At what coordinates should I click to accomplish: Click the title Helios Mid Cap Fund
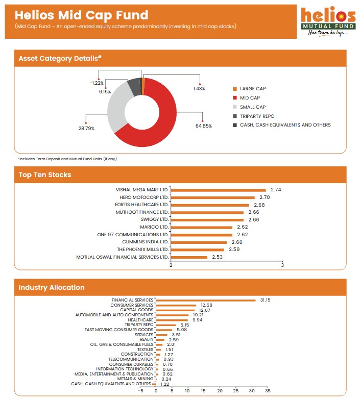pyautogui.click(x=82, y=15)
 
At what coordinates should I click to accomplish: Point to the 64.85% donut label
pyautogui.click(x=203, y=126)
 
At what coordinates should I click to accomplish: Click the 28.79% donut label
pyautogui.click(x=86, y=129)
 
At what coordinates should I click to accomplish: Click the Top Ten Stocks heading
pyautogui.click(x=45, y=175)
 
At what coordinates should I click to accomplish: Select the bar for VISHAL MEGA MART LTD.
pyautogui.click(x=218, y=190)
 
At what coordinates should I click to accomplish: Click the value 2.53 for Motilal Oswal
pyautogui.click(x=218, y=257)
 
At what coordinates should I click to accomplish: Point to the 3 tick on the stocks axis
pyautogui.click(x=282, y=265)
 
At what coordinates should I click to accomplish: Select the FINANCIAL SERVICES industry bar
pyautogui.click(x=205, y=300)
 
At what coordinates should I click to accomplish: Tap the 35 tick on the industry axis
pyautogui.click(x=268, y=390)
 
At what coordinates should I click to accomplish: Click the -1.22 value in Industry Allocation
pyautogui.click(x=163, y=384)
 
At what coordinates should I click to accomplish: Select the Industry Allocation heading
pyautogui.click(x=52, y=287)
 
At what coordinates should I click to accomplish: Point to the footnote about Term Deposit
pyautogui.click(x=67, y=159)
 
